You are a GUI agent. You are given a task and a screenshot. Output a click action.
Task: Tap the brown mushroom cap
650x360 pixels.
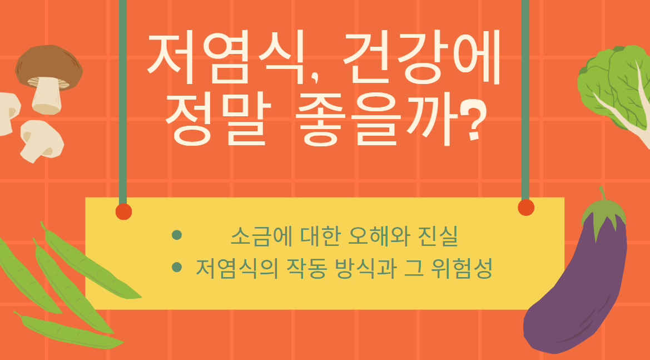(x=49, y=63)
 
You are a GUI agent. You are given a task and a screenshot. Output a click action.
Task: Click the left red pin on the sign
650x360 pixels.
(x=123, y=211)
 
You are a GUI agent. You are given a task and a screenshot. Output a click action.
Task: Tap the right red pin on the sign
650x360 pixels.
(x=525, y=208)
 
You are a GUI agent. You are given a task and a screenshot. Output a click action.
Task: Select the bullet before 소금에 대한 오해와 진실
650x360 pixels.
(x=177, y=235)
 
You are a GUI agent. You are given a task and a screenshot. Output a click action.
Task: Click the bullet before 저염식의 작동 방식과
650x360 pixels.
(x=177, y=268)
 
